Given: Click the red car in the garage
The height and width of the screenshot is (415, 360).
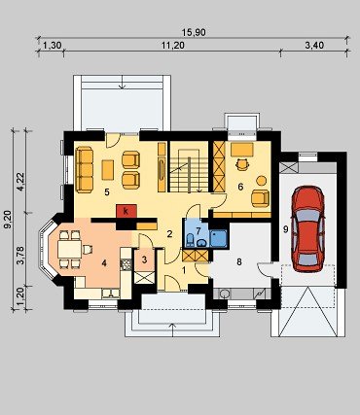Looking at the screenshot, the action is coord(307,228).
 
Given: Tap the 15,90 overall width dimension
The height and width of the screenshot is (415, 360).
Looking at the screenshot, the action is coord(194,32).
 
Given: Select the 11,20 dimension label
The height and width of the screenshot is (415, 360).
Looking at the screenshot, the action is coord(173,46).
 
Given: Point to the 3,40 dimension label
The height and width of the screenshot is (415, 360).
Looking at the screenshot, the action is coord(314,46).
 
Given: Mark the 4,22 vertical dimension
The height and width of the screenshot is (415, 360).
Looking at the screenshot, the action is coord(20,183).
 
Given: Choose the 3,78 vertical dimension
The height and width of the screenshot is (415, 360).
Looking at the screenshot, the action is coord(20,257).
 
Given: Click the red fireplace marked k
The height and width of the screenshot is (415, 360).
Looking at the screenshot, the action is coord(126,211).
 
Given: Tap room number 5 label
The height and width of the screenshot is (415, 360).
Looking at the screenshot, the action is coord(107,192).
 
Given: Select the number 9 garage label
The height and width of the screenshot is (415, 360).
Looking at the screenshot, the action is coord(285,229).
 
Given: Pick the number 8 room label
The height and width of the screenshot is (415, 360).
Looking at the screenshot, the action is coord(239,262).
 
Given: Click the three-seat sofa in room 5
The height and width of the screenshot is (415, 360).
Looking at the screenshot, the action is coord(84,169).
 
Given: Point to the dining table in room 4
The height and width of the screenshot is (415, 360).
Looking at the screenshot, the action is coord(69,249).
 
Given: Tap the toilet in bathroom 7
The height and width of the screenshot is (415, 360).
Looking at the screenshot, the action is coord(191,240).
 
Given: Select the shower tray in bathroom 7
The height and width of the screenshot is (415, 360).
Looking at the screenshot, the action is coord(219,239).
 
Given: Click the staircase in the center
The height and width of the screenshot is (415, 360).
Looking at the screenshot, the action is coord(189,170).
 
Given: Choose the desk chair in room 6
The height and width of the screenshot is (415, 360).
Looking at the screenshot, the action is coord(242,164).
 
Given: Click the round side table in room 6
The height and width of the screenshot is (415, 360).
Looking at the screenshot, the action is coord(261,181).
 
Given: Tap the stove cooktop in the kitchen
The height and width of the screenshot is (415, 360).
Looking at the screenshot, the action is coord(126,265).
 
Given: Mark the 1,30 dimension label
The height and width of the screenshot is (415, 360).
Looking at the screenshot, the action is coord(52,46).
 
